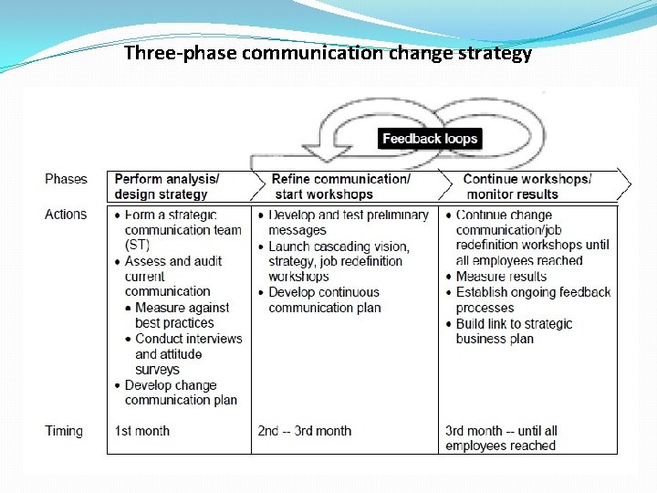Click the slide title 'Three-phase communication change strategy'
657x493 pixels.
[328, 53]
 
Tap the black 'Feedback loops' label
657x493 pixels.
[429, 139]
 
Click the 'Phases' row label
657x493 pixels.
[66, 179]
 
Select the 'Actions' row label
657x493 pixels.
[66, 215]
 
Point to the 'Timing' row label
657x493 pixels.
[64, 431]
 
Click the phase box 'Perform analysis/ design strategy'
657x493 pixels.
[167, 186]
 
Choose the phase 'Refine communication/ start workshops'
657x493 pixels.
[340, 186]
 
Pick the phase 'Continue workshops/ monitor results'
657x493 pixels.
[527, 186]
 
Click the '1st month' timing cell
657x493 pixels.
[142, 431]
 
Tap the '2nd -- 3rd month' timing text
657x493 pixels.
[304, 431]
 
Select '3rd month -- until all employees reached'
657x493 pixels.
[501, 438]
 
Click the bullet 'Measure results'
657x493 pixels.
[501, 277]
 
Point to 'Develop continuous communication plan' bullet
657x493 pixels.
[324, 300]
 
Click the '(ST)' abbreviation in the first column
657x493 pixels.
[137, 246]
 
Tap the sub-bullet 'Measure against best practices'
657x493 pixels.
[182, 316]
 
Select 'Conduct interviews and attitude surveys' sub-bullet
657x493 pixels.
[188, 354]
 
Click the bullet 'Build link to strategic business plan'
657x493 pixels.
[514, 331]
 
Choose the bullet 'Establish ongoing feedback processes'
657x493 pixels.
[533, 300]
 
